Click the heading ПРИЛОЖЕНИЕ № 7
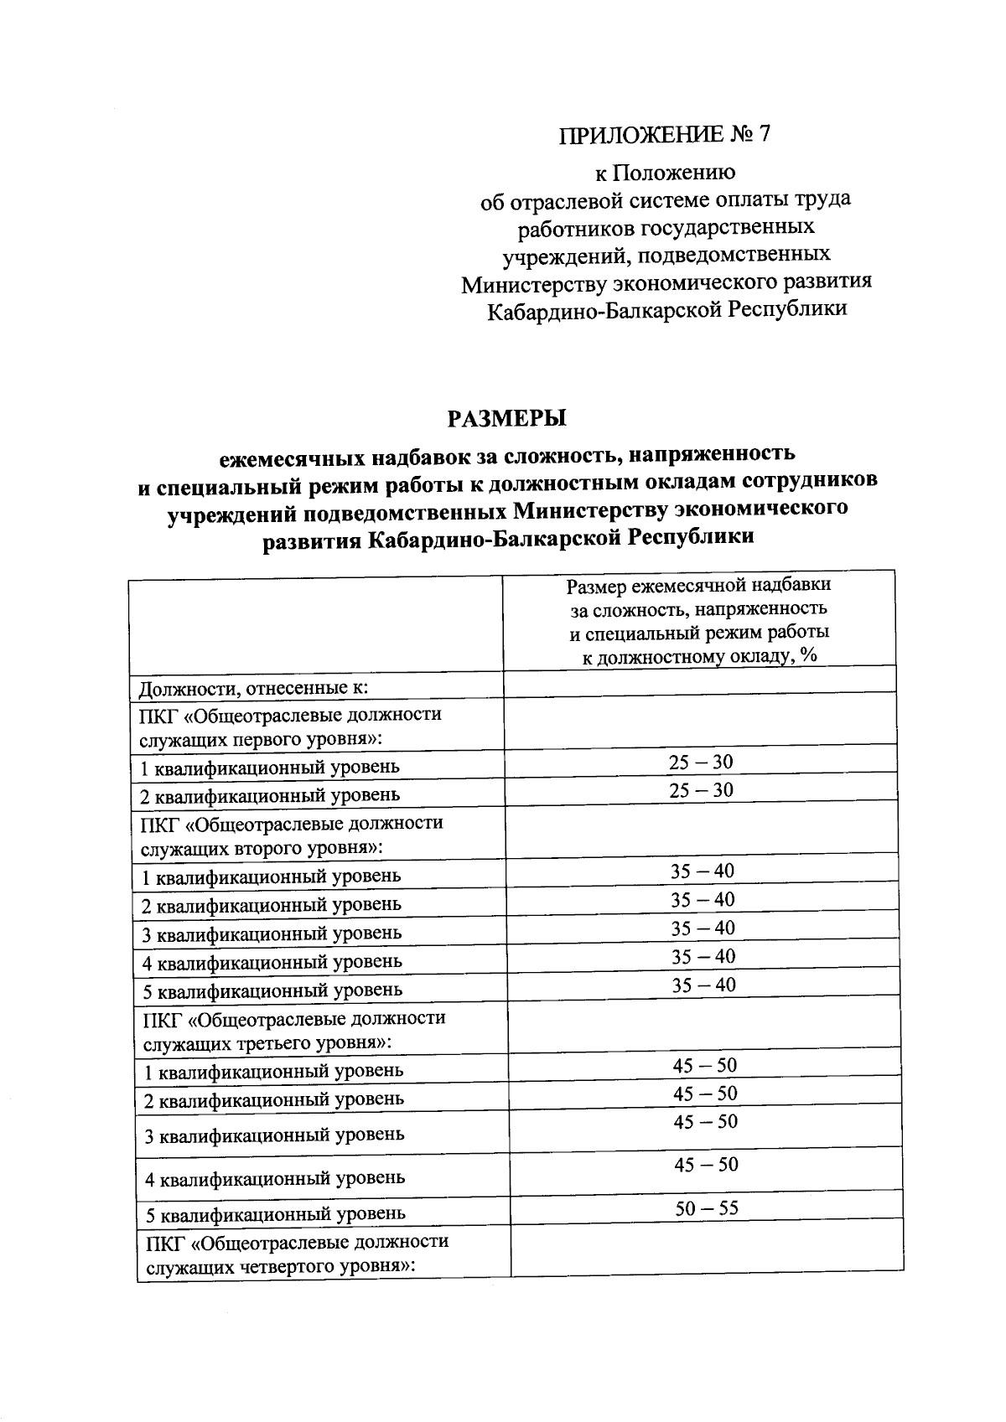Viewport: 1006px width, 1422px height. [664, 134]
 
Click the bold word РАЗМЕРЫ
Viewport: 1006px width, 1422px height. [507, 416]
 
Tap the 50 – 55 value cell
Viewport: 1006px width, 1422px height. [707, 1208]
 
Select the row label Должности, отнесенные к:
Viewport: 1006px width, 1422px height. [254, 690]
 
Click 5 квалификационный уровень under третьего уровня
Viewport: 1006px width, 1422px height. [274, 1213]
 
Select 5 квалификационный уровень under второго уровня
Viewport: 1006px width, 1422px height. [272, 990]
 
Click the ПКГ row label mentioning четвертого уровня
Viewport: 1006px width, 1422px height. [297, 1254]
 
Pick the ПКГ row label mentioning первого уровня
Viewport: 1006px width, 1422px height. [290, 727]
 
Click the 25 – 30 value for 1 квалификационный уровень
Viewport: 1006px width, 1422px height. [701, 762]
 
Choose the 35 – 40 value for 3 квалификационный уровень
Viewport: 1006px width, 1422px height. [703, 928]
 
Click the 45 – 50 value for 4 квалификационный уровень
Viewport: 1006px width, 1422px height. [706, 1164]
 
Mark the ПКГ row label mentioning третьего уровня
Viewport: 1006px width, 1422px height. [293, 1031]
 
